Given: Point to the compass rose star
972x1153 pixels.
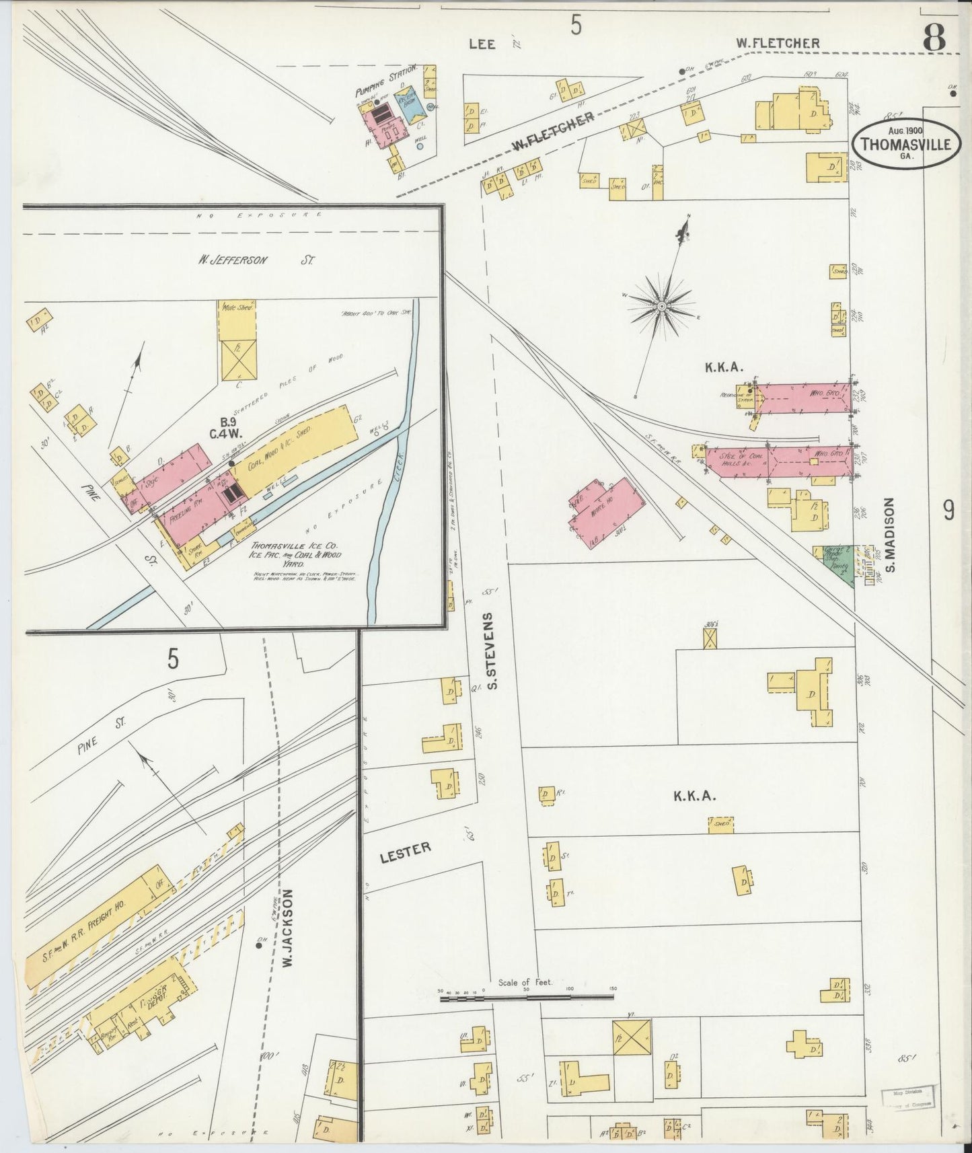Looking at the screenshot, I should click(661, 306).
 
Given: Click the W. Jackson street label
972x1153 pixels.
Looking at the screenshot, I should click(289, 928).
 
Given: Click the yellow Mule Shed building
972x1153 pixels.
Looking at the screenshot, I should click(237, 340).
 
